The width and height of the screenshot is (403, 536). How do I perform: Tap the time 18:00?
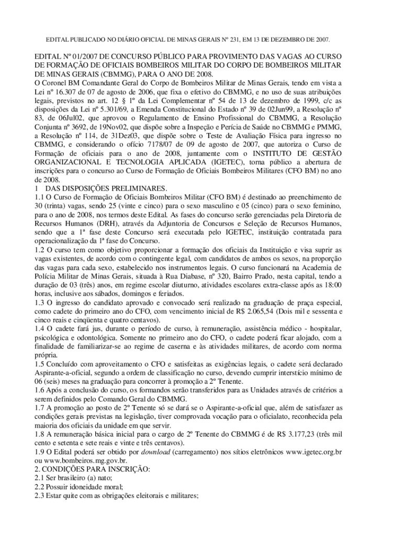tap(333, 284)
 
